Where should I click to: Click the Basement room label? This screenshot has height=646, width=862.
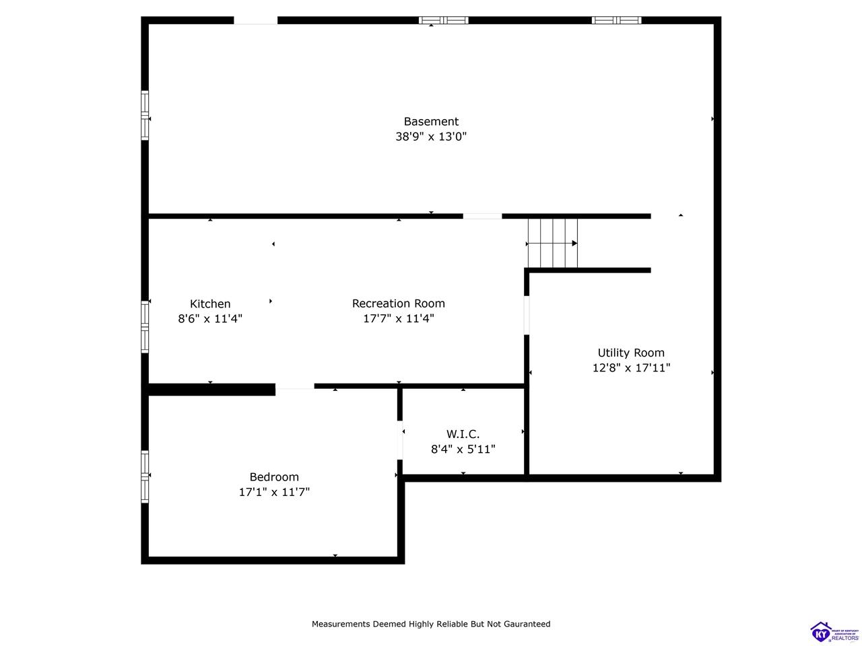tap(431, 122)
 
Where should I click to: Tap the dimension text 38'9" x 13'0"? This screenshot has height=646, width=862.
tap(431, 137)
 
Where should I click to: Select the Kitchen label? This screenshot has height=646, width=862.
tap(210, 304)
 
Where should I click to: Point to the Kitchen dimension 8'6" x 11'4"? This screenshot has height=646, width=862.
tap(210, 319)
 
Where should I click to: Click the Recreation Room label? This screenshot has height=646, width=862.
tap(399, 303)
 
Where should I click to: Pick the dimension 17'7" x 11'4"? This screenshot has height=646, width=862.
tap(399, 319)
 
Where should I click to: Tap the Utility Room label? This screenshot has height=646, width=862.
tap(631, 353)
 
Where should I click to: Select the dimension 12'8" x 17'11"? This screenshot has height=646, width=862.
tap(631, 368)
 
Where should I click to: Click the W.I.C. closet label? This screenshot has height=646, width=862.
tap(463, 434)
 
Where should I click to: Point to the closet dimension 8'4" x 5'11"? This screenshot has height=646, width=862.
tap(463, 450)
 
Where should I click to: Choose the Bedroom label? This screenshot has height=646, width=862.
tap(274, 477)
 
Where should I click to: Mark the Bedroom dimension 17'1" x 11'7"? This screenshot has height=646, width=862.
tap(274, 493)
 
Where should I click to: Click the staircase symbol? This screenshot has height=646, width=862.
tap(552, 243)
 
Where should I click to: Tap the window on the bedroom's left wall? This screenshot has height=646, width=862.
tap(145, 476)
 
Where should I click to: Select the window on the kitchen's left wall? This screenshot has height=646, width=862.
tap(145, 327)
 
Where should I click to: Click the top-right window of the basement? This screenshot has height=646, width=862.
tap(616, 20)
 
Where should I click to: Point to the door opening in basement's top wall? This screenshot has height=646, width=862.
tap(255, 20)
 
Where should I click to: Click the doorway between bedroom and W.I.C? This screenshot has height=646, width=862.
tap(400, 440)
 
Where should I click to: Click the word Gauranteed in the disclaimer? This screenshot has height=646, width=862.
tap(524, 624)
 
